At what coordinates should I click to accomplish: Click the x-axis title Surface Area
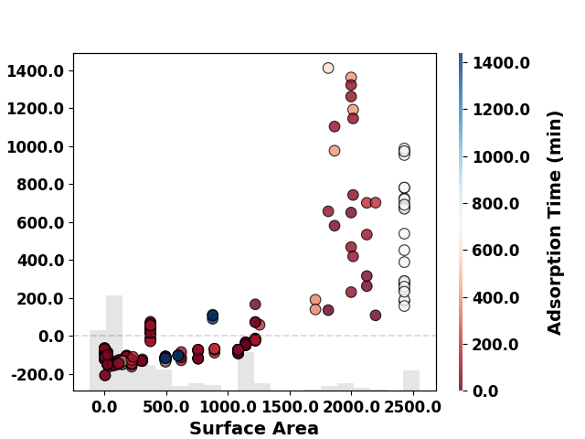point(254,429)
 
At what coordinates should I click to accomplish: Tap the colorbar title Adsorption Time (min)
point(555,223)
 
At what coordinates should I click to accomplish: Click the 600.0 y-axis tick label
point(40,223)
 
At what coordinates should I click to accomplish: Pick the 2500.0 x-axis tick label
point(412,407)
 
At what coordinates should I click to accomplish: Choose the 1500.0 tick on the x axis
point(290,407)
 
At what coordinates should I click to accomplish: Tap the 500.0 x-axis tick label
point(166,407)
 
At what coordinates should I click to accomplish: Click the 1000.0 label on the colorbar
point(501,156)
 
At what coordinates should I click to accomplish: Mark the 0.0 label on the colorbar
point(485,391)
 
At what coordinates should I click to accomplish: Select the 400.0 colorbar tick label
point(495,298)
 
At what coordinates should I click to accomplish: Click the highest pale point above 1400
point(328,69)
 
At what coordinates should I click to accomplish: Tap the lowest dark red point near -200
point(105,375)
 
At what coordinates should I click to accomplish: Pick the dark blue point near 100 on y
point(213,316)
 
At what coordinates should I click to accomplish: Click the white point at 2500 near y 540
point(404,234)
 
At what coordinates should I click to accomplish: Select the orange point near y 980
point(335,151)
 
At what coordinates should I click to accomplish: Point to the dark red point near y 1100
point(335,126)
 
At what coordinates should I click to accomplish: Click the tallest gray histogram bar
point(114,343)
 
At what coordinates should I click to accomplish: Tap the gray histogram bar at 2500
point(411,380)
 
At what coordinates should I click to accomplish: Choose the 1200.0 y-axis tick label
point(36,109)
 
